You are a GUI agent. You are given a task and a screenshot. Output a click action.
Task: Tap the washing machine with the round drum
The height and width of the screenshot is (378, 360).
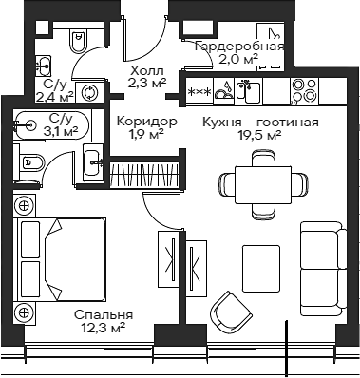tap(91, 92)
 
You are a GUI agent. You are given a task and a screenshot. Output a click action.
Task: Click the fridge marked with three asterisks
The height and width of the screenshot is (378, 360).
tap(199, 91)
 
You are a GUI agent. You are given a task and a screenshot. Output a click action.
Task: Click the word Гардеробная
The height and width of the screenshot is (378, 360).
tap(238, 47)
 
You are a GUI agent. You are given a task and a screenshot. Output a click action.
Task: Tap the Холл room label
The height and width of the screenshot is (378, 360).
tap(146, 71)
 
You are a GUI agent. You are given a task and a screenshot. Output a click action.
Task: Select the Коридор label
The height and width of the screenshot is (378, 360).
tap(146, 122)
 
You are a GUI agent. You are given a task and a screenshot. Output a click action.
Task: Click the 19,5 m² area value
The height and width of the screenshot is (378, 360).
tap(259, 136)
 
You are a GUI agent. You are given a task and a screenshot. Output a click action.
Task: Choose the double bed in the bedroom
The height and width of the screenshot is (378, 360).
tap(52, 255)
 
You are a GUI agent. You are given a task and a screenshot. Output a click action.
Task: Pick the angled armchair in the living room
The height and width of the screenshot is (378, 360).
tap(231, 312)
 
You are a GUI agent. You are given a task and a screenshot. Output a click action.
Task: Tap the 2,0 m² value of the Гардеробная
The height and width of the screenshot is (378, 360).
tap(238, 59)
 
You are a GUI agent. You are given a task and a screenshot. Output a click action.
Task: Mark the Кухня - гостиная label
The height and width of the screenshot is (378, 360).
tap(259, 123)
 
